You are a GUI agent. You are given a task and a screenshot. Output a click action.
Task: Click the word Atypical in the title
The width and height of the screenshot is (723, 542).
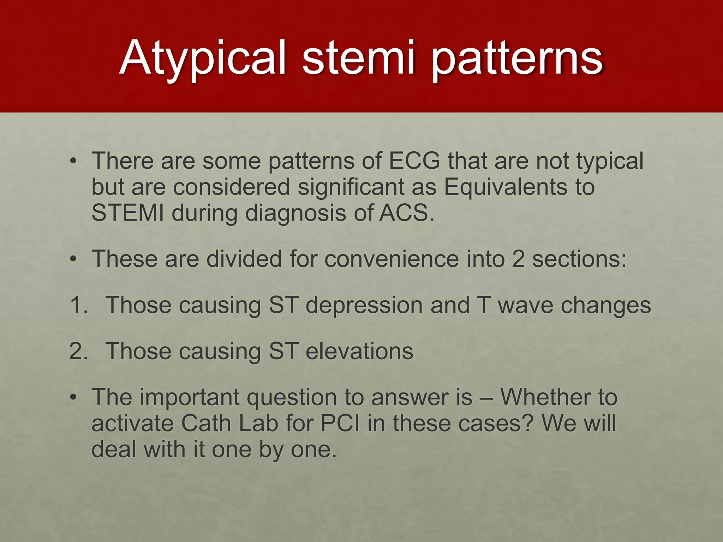tap(202, 58)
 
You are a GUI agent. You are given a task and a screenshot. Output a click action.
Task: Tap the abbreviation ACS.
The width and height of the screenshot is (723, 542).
tap(406, 213)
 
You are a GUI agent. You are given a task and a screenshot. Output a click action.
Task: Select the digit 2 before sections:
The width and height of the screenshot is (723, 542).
tap(518, 259)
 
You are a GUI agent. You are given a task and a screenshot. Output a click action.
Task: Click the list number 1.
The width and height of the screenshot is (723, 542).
tap(78, 305)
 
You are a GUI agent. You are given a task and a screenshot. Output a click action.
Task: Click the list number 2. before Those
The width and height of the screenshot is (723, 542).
tap(78, 351)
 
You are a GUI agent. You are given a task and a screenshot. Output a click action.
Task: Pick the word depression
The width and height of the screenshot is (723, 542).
tap(364, 306)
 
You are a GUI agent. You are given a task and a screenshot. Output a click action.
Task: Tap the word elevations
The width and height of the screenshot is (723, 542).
tap(359, 351)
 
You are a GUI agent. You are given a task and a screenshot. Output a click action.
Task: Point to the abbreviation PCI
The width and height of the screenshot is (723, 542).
tap(340, 423)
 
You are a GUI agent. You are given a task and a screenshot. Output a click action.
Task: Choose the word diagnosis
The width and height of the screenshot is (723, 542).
tap(295, 214)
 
